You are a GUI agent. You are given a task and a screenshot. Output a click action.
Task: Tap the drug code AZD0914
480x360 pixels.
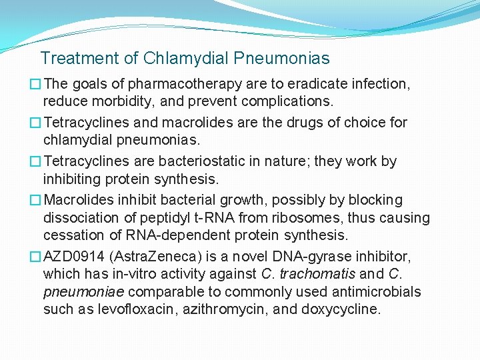[x=74, y=257]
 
